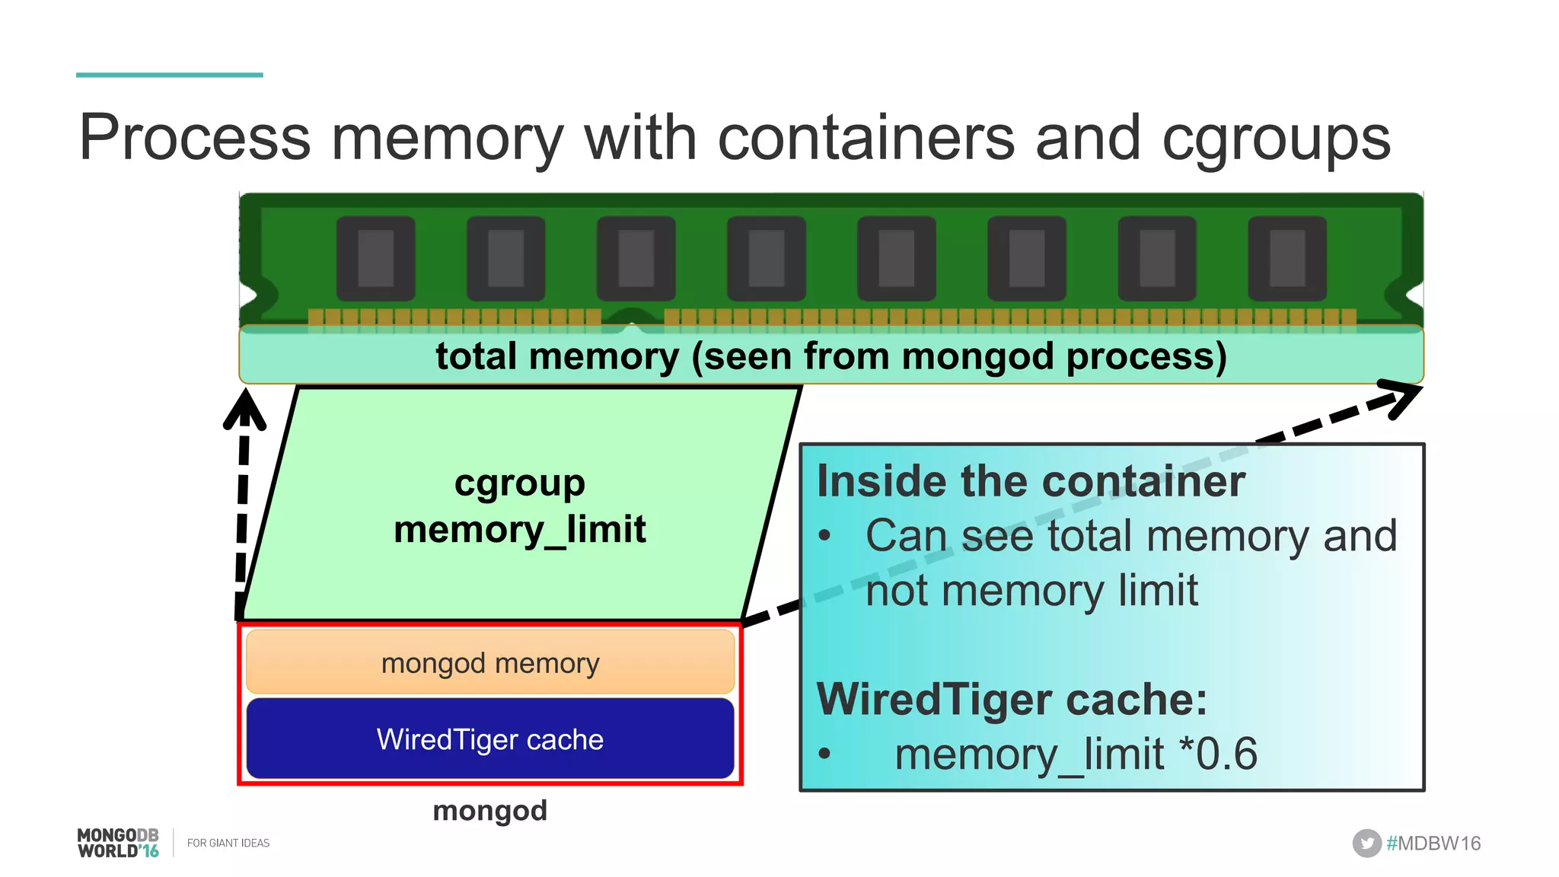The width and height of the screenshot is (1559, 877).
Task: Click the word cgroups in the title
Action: pos(1276,140)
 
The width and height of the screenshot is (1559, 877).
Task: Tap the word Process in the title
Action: pos(195,139)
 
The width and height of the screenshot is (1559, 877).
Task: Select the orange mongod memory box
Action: pos(490,662)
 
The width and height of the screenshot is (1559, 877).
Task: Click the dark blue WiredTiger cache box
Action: pos(490,739)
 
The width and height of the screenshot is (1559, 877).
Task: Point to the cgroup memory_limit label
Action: pos(520,506)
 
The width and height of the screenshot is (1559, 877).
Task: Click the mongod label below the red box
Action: pos(489,811)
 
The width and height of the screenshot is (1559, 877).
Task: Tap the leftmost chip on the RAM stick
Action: pos(375,258)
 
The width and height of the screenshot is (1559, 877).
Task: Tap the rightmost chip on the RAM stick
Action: pos(1287,258)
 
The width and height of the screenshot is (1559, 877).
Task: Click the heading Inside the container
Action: pos(1031,482)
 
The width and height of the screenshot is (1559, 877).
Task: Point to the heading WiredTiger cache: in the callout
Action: pos(1012,700)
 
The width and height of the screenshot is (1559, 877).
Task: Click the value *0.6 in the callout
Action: pos(1218,754)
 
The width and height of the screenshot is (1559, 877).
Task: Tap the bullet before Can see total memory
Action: pos(824,536)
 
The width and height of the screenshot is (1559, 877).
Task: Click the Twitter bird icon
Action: pos(1366,844)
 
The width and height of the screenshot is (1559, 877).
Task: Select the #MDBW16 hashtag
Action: pos(1433,844)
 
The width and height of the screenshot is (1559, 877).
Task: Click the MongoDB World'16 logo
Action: pos(118,844)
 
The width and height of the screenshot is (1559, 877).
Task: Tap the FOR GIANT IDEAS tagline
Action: pos(228,844)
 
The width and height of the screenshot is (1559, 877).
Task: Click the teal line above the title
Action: pos(169,75)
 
